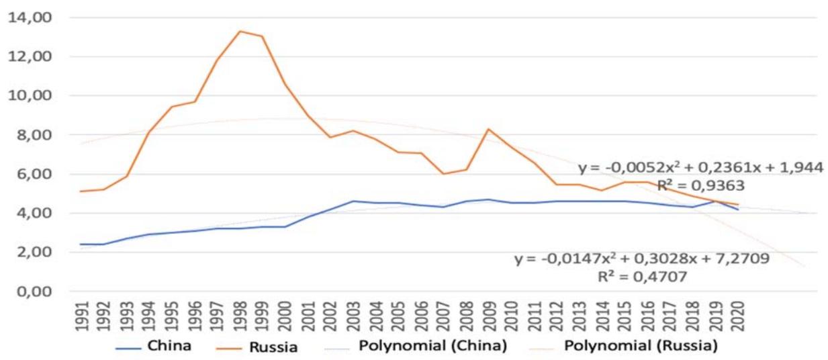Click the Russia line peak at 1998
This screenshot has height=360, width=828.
240,31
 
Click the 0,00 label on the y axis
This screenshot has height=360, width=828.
28,291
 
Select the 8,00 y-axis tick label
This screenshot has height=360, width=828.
28,135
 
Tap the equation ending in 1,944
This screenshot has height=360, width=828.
700,168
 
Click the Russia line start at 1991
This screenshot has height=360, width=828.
81,191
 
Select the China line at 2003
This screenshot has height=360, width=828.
353,201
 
